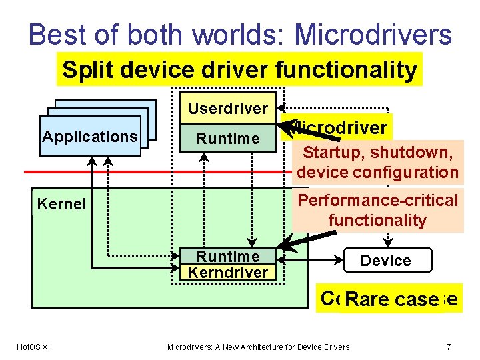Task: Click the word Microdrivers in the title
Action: (373, 35)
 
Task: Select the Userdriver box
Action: (228, 108)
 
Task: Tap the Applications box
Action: (90, 137)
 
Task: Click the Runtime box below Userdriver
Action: (228, 139)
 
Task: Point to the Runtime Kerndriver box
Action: (228, 264)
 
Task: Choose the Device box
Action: (386, 261)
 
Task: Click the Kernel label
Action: (61, 204)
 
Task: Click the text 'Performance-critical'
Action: (377, 200)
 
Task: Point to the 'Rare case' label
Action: (391, 300)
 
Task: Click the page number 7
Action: (449, 347)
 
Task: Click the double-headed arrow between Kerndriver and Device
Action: (313, 257)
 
